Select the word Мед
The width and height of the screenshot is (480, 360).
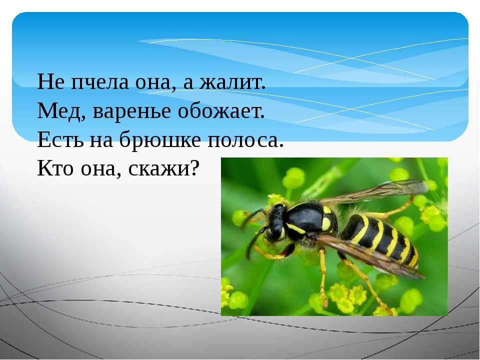click(x=59, y=111)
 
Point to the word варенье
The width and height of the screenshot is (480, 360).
click(x=131, y=111)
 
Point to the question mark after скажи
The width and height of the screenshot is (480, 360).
click(x=193, y=168)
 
